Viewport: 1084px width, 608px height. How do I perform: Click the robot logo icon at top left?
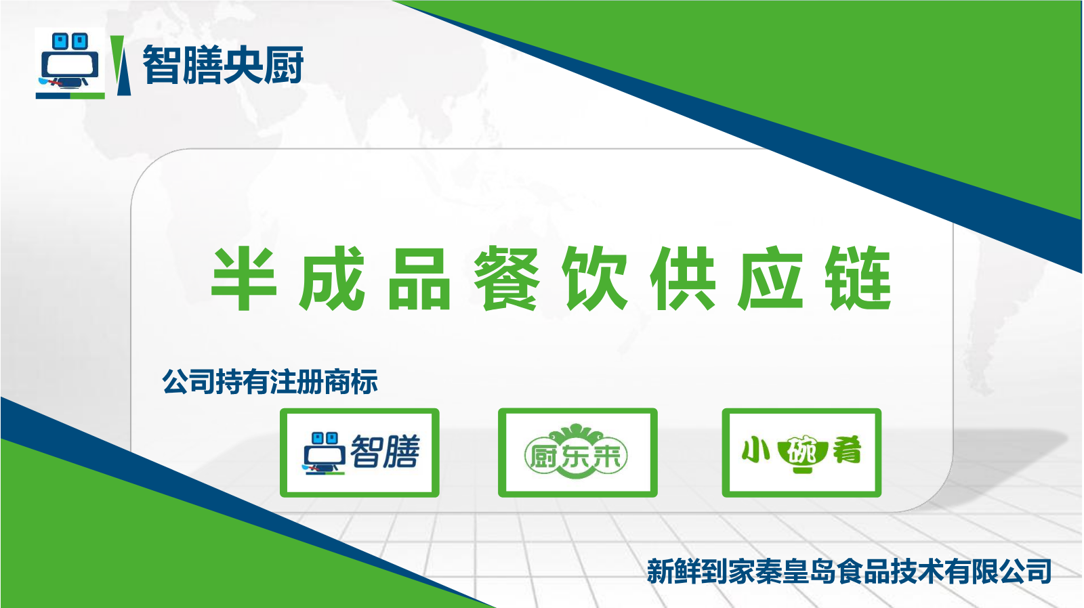pyautogui.click(x=70, y=64)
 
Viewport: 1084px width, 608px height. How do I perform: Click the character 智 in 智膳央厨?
pyautogui.click(x=162, y=64)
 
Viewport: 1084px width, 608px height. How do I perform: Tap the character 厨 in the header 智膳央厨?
pyautogui.click(x=284, y=64)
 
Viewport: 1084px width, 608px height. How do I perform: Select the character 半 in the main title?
pyautogui.click(x=244, y=278)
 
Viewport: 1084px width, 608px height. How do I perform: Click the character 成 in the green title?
pyautogui.click(x=331, y=278)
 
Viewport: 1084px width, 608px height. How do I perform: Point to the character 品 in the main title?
pyautogui.click(x=419, y=278)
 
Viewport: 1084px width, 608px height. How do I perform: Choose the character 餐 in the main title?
pyautogui.click(x=506, y=278)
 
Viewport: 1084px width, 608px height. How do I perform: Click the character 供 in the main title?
pyautogui.click(x=682, y=278)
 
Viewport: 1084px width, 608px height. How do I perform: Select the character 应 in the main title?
pyautogui.click(x=770, y=278)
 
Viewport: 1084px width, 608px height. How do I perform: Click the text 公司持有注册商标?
pyautogui.click(x=270, y=382)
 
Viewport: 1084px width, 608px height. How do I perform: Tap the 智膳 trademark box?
pyautogui.click(x=360, y=453)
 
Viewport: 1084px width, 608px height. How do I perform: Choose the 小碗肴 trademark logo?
pyautogui.click(x=801, y=453)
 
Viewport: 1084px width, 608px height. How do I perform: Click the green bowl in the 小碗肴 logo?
pyautogui.click(x=801, y=455)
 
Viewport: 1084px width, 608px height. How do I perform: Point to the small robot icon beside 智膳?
pyautogui.click(x=324, y=453)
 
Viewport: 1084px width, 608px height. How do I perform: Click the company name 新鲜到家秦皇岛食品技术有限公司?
pyautogui.click(x=849, y=571)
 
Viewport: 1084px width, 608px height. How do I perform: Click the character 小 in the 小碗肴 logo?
pyautogui.click(x=755, y=450)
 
